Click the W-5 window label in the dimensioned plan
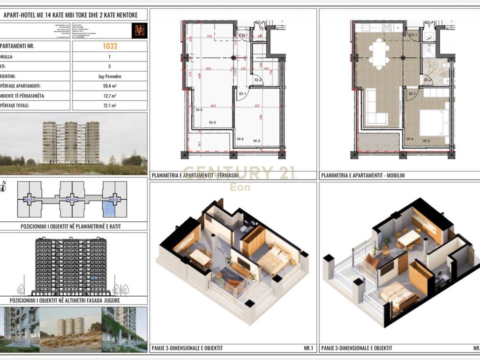212,123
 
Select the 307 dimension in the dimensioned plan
256,106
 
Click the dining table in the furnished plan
378,54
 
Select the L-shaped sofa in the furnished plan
375,108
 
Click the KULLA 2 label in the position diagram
71,200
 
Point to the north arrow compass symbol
4,187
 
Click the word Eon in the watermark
240,187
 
